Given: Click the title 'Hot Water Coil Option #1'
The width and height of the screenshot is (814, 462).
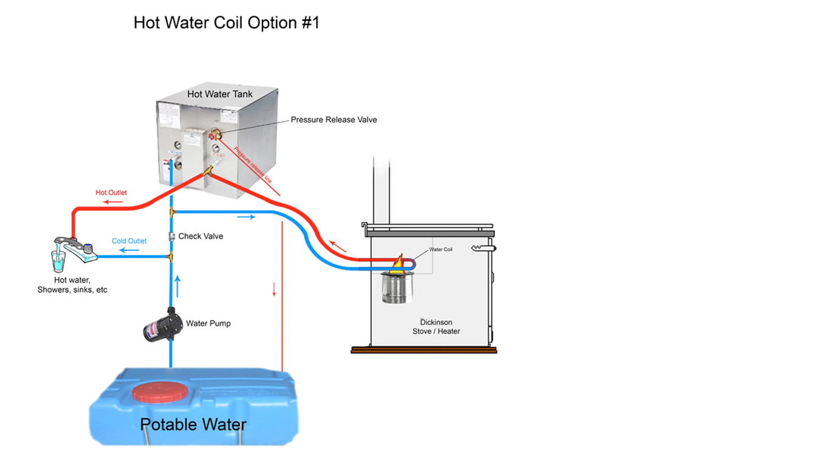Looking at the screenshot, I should (x=227, y=23).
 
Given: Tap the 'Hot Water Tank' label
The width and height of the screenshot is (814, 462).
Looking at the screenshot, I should (x=219, y=94).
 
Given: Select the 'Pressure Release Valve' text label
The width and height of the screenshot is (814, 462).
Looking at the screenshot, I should (x=333, y=120).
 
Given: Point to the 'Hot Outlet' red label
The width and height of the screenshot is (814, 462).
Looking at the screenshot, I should (x=111, y=193).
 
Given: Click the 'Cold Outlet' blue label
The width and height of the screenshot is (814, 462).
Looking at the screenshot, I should (x=129, y=241).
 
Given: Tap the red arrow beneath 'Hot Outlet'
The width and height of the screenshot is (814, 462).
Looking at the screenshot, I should (x=112, y=202).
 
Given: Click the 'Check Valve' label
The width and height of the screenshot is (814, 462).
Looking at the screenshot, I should (x=200, y=236).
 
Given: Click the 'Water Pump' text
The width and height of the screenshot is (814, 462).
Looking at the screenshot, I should (x=208, y=323).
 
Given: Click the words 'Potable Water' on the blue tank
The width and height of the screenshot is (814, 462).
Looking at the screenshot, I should (x=193, y=424).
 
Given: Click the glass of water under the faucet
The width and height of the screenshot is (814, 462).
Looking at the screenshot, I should (x=59, y=263).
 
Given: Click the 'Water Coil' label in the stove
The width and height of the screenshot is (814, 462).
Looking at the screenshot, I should (x=440, y=250).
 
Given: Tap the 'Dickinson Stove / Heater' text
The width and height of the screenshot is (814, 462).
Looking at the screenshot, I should (x=436, y=327).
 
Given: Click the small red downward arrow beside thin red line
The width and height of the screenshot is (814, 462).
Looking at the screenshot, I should (x=274, y=289).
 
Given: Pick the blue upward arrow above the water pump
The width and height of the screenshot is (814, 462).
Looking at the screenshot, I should (x=178, y=286).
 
